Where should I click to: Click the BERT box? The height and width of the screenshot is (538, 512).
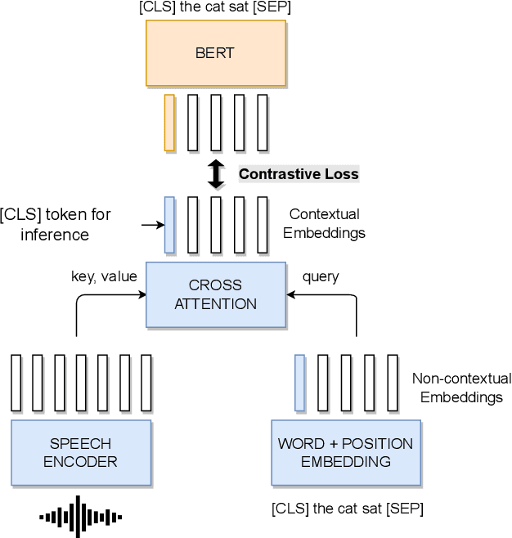pyautogui.click(x=215, y=53)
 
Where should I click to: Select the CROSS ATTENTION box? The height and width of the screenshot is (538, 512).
pyautogui.click(x=215, y=294)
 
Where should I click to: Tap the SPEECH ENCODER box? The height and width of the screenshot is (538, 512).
pyautogui.click(x=81, y=452)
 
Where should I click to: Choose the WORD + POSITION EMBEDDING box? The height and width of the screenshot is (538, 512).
pyautogui.click(x=345, y=452)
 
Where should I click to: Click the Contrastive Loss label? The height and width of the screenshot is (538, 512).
pyautogui.click(x=299, y=174)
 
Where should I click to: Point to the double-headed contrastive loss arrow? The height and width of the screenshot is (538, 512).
pyautogui.click(x=216, y=174)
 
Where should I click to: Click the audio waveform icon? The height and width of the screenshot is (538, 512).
pyautogui.click(x=81, y=516)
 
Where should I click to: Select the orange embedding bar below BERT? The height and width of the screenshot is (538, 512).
pyautogui.click(x=169, y=123)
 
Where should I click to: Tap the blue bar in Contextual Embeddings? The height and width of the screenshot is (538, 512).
pyautogui.click(x=169, y=224)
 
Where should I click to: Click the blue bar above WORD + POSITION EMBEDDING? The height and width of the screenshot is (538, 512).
pyautogui.click(x=299, y=382)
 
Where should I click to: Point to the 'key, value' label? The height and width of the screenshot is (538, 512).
pyautogui.click(x=104, y=277)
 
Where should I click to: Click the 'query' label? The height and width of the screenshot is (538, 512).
pyautogui.click(x=321, y=277)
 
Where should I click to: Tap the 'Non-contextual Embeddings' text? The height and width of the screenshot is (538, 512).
pyautogui.click(x=457, y=388)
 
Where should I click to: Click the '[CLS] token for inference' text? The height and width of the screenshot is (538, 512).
pyautogui.click(x=56, y=224)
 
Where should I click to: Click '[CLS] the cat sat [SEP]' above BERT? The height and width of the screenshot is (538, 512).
pyautogui.click(x=215, y=8)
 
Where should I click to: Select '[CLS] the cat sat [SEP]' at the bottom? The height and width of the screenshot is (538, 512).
pyautogui.click(x=348, y=509)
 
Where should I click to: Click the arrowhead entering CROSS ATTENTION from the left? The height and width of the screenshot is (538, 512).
pyautogui.click(x=141, y=295)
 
